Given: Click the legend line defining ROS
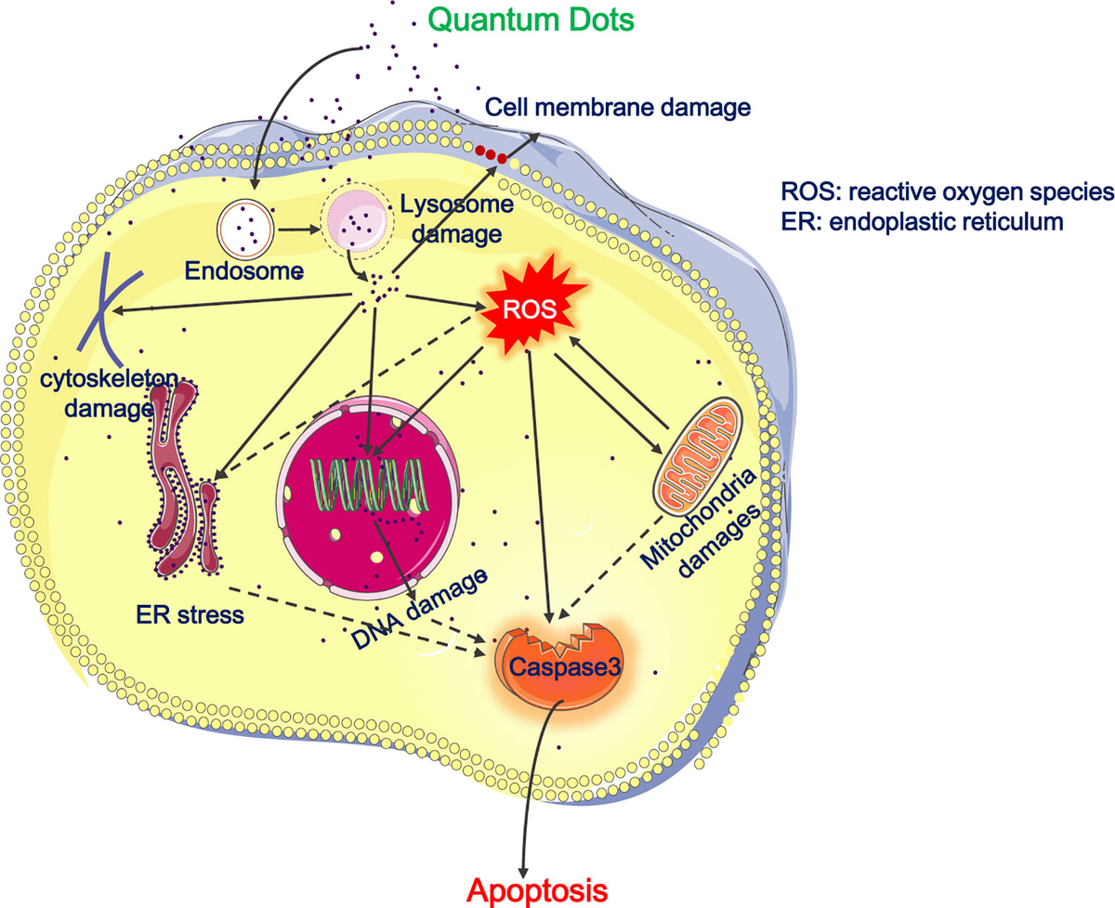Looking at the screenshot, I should point(946,191).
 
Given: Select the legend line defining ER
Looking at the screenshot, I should point(922,222).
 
